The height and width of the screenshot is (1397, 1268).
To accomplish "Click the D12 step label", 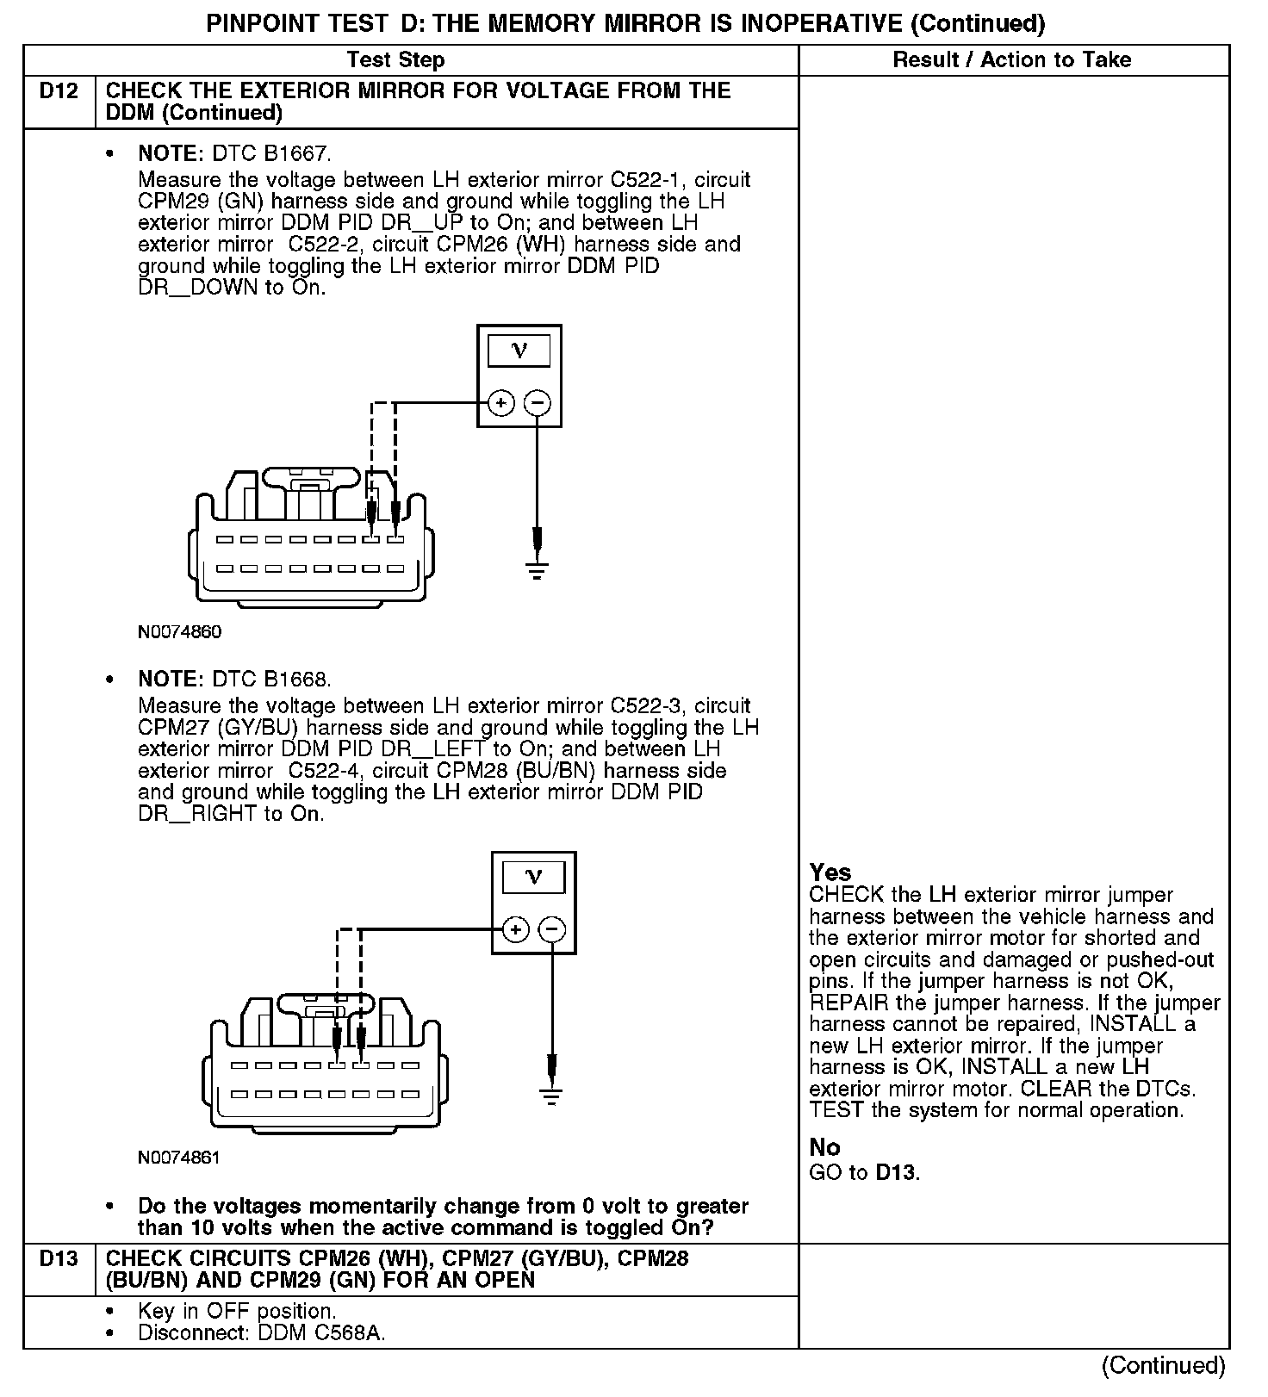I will coord(59,90).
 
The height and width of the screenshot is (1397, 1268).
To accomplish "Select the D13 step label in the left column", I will coord(59,1258).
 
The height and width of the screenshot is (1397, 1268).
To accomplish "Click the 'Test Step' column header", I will coord(395,59).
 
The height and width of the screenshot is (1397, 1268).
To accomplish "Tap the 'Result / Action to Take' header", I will coord(1012,59).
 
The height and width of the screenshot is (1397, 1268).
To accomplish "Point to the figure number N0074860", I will coord(179,631).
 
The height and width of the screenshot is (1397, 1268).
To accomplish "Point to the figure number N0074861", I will coord(179,1158).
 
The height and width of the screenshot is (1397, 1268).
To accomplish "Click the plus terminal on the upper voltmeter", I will coord(501,402).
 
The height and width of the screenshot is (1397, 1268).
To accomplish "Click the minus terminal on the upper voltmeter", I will coord(538,402).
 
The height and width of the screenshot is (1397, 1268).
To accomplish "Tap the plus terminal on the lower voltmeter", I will coord(515,929).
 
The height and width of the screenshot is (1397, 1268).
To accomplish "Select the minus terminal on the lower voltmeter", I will coord(552,929).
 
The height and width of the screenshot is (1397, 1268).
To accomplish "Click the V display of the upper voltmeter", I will coord(519,351).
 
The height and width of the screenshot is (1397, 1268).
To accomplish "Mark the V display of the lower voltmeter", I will coord(533,878).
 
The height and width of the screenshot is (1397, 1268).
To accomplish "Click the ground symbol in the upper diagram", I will coord(537,571).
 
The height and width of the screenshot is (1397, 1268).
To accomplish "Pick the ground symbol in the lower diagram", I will coord(551,1097).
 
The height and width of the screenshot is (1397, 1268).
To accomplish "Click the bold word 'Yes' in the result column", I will coord(830,872).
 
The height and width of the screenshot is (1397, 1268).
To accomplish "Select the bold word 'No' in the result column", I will coord(824,1147).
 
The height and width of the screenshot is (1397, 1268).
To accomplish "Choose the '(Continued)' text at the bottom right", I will coord(1163,1365).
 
